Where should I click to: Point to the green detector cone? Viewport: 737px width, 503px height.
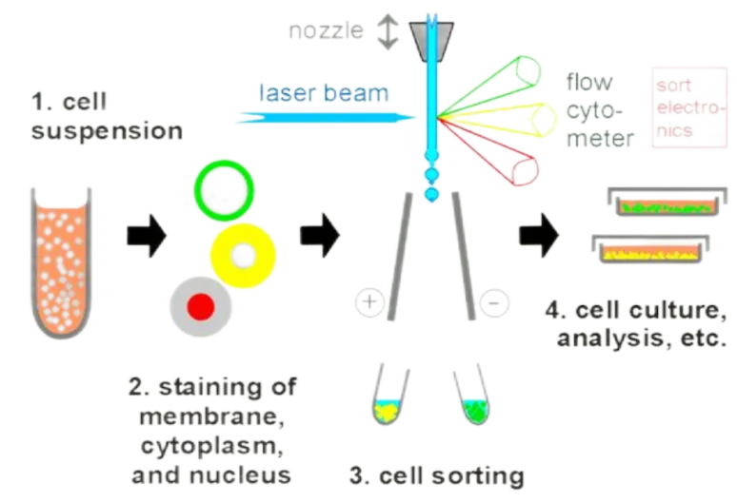(504, 76)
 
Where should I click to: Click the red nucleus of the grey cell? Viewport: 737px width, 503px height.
(200, 306)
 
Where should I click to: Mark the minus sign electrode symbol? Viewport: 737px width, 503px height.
(492, 301)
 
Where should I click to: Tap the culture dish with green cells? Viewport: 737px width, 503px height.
(653, 203)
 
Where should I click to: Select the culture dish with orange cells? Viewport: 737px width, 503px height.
(647, 251)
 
